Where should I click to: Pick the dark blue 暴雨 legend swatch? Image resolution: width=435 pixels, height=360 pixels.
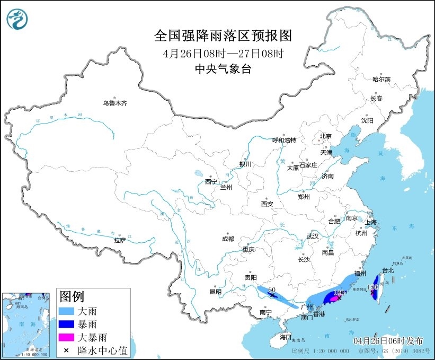pyautogui.click(x=67, y=323)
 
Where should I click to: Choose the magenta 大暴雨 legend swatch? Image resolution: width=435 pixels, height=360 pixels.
pyautogui.click(x=67, y=337)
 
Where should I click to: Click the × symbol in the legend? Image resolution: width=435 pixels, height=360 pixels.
pyautogui.click(x=67, y=349)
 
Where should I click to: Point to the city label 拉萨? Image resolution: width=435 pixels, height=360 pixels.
pyautogui.click(x=120, y=240)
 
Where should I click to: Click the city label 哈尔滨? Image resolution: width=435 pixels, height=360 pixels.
pyautogui.click(x=381, y=80)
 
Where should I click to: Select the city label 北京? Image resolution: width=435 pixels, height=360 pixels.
pyautogui.click(x=325, y=136)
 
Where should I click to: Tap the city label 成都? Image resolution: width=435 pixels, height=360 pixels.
pyautogui.click(x=228, y=239)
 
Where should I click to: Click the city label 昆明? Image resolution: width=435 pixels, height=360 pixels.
pyautogui.click(x=215, y=292)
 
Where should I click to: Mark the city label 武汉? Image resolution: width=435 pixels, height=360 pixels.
pyautogui.click(x=313, y=236)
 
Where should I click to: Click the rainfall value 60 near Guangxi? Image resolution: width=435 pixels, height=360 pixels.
pyautogui.click(x=272, y=289)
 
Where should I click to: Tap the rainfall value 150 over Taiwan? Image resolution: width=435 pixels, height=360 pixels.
pyautogui.click(x=372, y=287)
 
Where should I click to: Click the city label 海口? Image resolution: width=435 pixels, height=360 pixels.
pyautogui.click(x=286, y=337)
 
